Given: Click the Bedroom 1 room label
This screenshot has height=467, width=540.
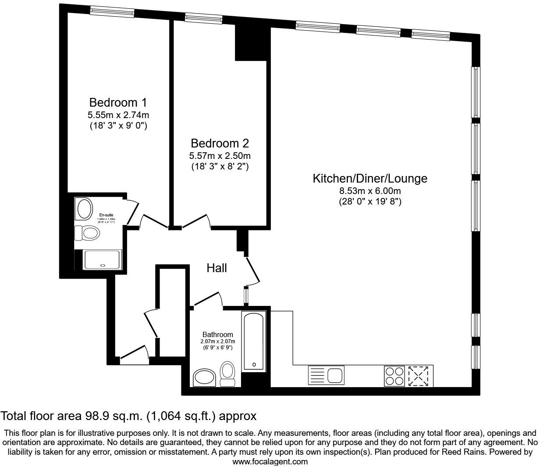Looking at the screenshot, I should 118,103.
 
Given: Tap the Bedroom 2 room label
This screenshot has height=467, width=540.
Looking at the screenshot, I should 220,144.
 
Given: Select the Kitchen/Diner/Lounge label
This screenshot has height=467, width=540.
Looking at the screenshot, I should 369,179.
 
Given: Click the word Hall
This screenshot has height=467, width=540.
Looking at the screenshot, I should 217,268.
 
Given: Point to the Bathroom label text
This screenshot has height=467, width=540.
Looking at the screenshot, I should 217,334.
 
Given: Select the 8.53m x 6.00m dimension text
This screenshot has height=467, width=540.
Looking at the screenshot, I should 370,191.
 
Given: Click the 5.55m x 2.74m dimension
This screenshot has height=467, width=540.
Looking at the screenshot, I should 118,115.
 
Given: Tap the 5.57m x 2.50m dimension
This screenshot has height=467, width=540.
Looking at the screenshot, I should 220,156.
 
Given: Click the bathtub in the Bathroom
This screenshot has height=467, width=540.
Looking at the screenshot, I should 254,341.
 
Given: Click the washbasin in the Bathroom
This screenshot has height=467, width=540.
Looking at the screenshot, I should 204,377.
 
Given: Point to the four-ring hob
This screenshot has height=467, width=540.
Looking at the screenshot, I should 394,376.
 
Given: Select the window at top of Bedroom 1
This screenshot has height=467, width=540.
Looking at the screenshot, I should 112,12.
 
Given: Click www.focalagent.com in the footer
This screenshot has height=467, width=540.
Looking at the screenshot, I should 270,462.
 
